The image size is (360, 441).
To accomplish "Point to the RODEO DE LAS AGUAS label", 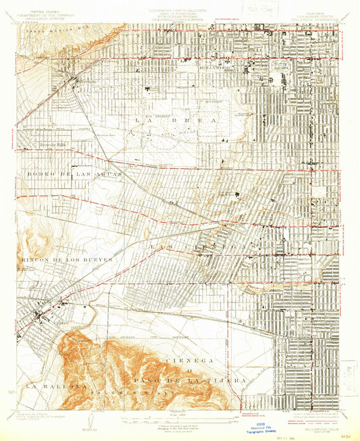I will [68, 174].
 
